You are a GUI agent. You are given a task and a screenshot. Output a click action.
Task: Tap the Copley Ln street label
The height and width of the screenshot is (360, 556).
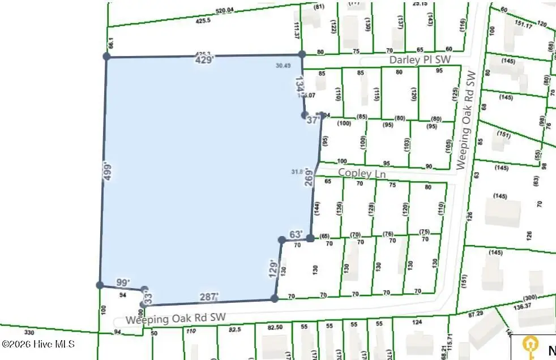pyautogui.click(x=362, y=173)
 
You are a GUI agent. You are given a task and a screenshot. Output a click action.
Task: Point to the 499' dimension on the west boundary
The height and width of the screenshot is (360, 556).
pyautogui.click(x=109, y=172)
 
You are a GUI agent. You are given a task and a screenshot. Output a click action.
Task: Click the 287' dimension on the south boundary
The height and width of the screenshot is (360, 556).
pyautogui.click(x=209, y=297)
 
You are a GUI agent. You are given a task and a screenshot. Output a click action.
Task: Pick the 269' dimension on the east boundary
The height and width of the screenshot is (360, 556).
pyautogui.click(x=309, y=177)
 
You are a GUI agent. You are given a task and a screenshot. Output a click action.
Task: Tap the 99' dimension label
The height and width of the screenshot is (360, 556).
pyautogui.click(x=122, y=282)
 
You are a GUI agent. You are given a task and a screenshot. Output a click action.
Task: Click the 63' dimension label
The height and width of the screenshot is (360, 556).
pyautogui.click(x=296, y=234)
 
